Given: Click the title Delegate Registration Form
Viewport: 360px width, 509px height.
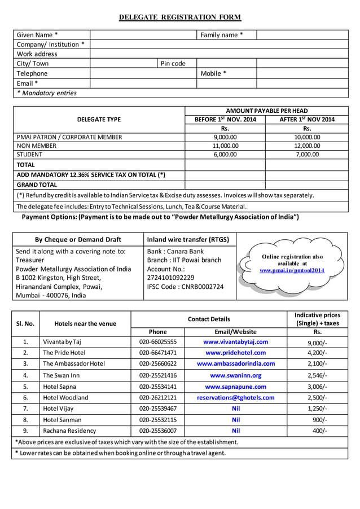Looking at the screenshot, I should coord(179,17).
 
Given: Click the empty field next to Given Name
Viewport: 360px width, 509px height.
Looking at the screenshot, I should coord(143,35).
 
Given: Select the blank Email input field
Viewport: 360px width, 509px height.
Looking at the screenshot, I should coord(143,84).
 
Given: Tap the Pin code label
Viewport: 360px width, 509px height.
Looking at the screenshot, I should coord(173,64).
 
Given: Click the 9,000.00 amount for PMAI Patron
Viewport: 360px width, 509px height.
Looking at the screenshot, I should coord(225,137).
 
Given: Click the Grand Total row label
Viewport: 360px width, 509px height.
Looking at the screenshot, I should coord(37,185).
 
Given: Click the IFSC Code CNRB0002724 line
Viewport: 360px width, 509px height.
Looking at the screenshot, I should coord(185,287).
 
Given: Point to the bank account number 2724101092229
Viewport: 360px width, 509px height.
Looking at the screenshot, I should coord(170,278).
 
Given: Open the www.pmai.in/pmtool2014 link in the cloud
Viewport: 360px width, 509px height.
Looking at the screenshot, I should coord(292,270).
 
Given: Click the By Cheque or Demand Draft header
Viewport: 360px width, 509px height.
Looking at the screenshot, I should coord(78,239).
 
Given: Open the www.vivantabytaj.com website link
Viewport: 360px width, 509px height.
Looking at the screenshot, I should coord(235,342).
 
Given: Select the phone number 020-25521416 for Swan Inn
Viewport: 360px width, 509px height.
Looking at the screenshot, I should coord(158,375).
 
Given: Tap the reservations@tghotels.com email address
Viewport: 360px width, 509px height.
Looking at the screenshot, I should coord(235,398).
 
